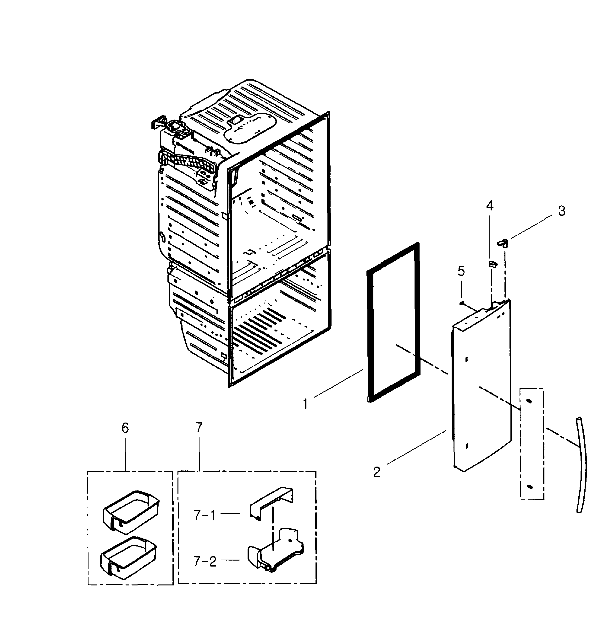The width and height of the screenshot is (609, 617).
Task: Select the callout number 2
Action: tap(377, 472)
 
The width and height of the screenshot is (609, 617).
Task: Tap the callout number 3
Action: tap(561, 211)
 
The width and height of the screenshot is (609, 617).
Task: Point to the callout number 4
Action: tap(490, 206)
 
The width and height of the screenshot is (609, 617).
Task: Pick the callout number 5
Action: tap(461, 271)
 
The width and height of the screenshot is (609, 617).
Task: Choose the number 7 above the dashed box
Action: tap(199, 428)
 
